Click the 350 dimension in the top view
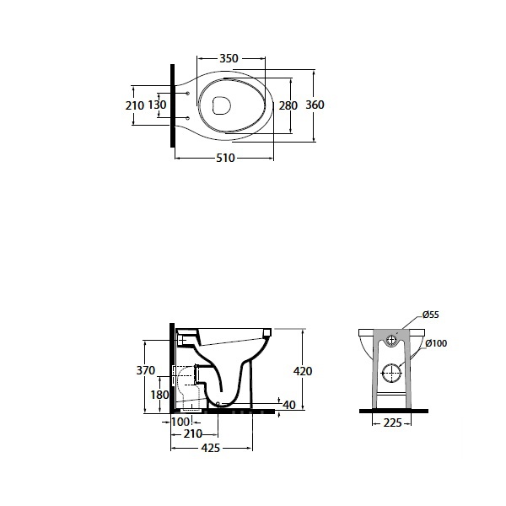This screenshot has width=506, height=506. point(229,58)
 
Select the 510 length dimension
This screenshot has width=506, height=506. point(225,159)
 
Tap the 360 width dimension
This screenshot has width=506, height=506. point(315,105)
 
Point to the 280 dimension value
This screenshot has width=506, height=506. point(288,105)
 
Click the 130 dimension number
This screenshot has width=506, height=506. point(157,105)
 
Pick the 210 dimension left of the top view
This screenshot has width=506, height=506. point(135,105)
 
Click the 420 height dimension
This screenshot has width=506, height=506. point(303,371)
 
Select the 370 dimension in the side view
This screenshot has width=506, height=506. point(146,370)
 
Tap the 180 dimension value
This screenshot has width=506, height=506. point(159,395)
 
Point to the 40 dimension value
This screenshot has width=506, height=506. point(288,405)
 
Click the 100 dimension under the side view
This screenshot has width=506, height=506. point(180,422)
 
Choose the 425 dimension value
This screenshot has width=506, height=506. point(211,448)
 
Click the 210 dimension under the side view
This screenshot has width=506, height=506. point(192,433)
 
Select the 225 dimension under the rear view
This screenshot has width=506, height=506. point(392,423)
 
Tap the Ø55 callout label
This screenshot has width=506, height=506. point(430,315)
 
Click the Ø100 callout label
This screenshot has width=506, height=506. point(436,343)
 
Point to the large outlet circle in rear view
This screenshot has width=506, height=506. point(392,364)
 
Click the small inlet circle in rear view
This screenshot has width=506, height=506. point(392,336)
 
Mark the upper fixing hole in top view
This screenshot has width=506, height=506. point(188,94)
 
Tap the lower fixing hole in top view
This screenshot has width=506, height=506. point(188,117)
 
